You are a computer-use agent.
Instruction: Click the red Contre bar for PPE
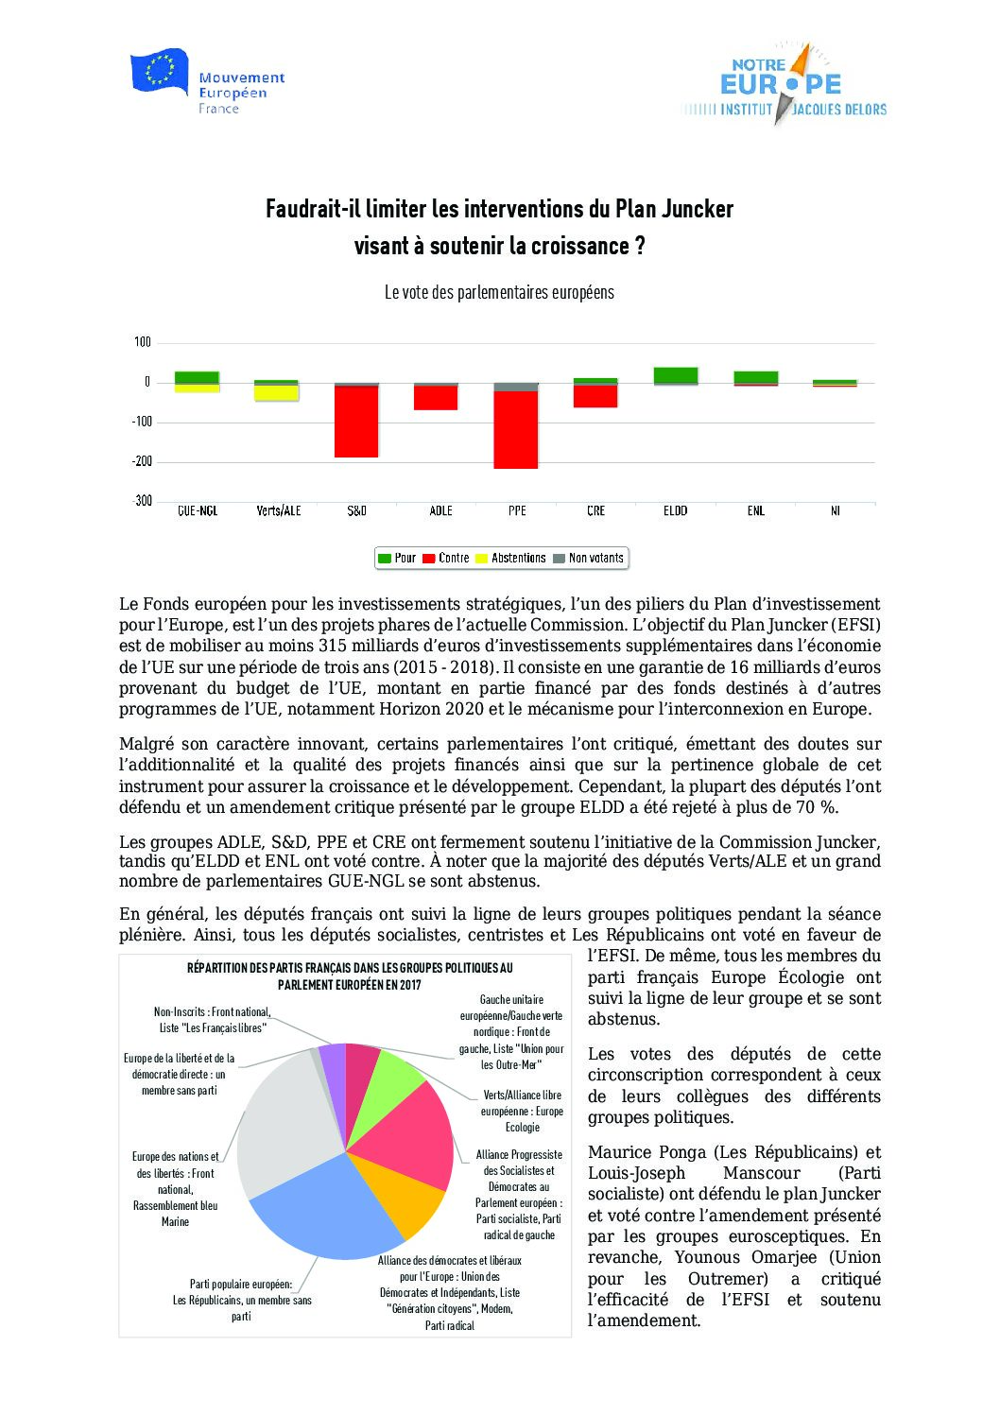(516, 430)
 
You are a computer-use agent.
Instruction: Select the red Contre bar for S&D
(356, 422)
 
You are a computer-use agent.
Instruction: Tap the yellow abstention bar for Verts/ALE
(276, 393)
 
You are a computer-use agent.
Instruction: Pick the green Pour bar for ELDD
(676, 375)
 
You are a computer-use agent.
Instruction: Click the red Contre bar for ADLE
(436, 398)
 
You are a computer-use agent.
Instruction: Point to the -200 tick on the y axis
(142, 461)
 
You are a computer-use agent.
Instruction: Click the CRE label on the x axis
(595, 511)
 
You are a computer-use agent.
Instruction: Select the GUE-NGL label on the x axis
(198, 511)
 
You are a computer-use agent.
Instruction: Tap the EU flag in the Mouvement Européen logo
(159, 72)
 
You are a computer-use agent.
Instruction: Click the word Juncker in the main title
(698, 209)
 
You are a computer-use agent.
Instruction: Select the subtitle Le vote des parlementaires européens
(499, 293)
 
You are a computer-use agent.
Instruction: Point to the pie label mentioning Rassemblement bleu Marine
(175, 1189)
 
